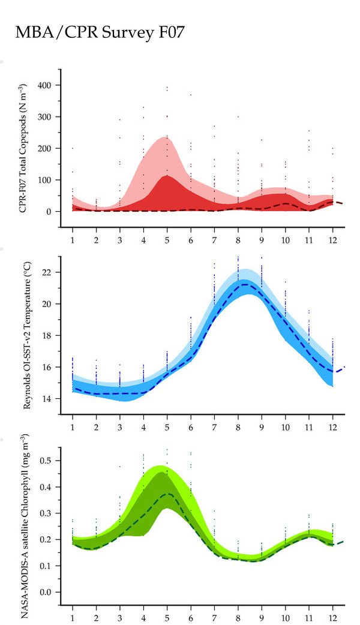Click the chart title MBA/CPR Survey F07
[100, 32]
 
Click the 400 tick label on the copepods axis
[44, 85]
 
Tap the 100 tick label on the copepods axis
[44, 180]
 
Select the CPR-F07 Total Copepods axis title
[23, 148]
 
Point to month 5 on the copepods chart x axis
[167, 241]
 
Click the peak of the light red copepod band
[166, 137]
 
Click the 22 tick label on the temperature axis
[47, 272]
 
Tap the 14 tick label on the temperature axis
[47, 399]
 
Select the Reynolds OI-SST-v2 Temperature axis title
[27, 336]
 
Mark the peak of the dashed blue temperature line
[244, 284]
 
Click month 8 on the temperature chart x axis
[238, 428]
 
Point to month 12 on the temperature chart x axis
[332, 428]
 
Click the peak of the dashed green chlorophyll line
[169, 494]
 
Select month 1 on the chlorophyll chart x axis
[73, 618]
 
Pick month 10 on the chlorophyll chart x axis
[286, 618]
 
